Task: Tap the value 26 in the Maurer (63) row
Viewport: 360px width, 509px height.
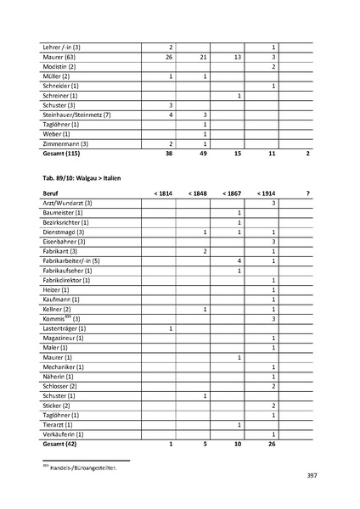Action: tap(170, 56)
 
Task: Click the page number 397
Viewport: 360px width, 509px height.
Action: tap(311, 476)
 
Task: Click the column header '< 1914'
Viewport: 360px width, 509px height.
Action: tap(266, 194)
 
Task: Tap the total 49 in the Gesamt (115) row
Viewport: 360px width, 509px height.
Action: tap(205, 154)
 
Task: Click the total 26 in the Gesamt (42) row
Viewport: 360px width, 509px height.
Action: tap(273, 444)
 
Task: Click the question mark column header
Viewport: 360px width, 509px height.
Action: tap(307, 194)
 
